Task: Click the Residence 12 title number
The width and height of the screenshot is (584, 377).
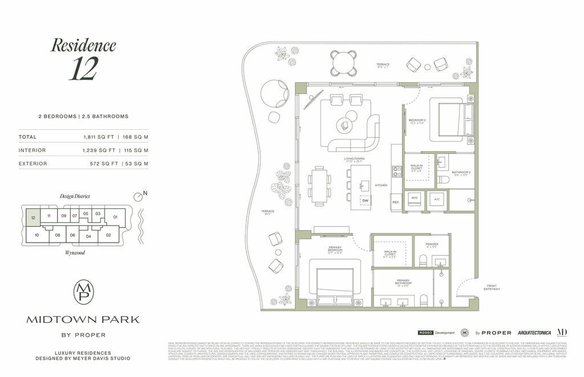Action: [x=83, y=68]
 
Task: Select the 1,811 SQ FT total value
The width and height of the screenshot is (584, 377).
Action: [x=100, y=137]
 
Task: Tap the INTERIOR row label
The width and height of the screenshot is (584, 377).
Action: [x=33, y=150]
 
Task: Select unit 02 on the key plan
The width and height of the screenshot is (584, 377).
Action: [x=108, y=234]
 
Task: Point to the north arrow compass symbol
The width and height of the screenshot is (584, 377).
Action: [x=137, y=196]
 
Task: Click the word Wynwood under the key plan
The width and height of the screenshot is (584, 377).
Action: [x=75, y=252]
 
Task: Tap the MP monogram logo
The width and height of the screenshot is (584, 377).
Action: [x=83, y=292]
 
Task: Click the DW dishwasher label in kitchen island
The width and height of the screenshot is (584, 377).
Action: [x=366, y=200]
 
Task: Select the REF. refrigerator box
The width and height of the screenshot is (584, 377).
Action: [x=396, y=202]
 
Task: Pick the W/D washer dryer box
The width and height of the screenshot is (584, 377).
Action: [x=415, y=199]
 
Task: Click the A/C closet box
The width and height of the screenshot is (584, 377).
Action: [x=437, y=199]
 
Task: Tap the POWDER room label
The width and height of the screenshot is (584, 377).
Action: [x=432, y=244]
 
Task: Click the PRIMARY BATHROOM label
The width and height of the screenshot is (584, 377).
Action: [x=403, y=282]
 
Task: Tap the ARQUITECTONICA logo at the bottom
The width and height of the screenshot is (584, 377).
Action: [x=534, y=333]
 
